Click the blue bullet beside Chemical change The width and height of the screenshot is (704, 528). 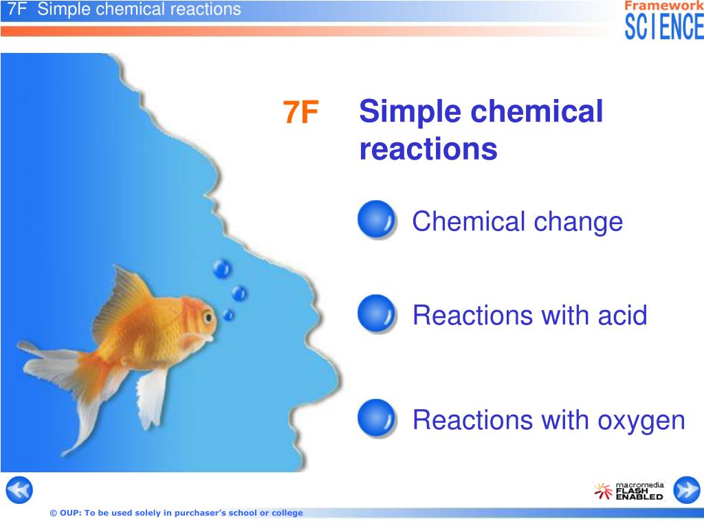[x=377, y=219]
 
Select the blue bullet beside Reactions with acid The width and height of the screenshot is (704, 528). [x=377, y=313]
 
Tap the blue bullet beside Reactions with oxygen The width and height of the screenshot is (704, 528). [x=377, y=419]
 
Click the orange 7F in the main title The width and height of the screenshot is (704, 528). [x=300, y=112]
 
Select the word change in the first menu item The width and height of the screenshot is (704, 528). [x=578, y=223]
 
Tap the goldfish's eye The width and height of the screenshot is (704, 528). [x=208, y=318]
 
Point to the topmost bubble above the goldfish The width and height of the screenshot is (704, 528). [x=222, y=269]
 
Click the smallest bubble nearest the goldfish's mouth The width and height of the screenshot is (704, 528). [x=229, y=315]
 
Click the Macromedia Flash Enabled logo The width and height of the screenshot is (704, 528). [x=628, y=491]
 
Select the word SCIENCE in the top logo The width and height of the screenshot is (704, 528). [x=664, y=27]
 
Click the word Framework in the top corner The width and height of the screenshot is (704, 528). [x=664, y=5]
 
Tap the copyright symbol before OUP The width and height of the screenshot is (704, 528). [x=54, y=513]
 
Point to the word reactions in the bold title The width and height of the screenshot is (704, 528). [x=428, y=149]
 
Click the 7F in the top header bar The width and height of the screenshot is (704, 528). [x=17, y=9]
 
